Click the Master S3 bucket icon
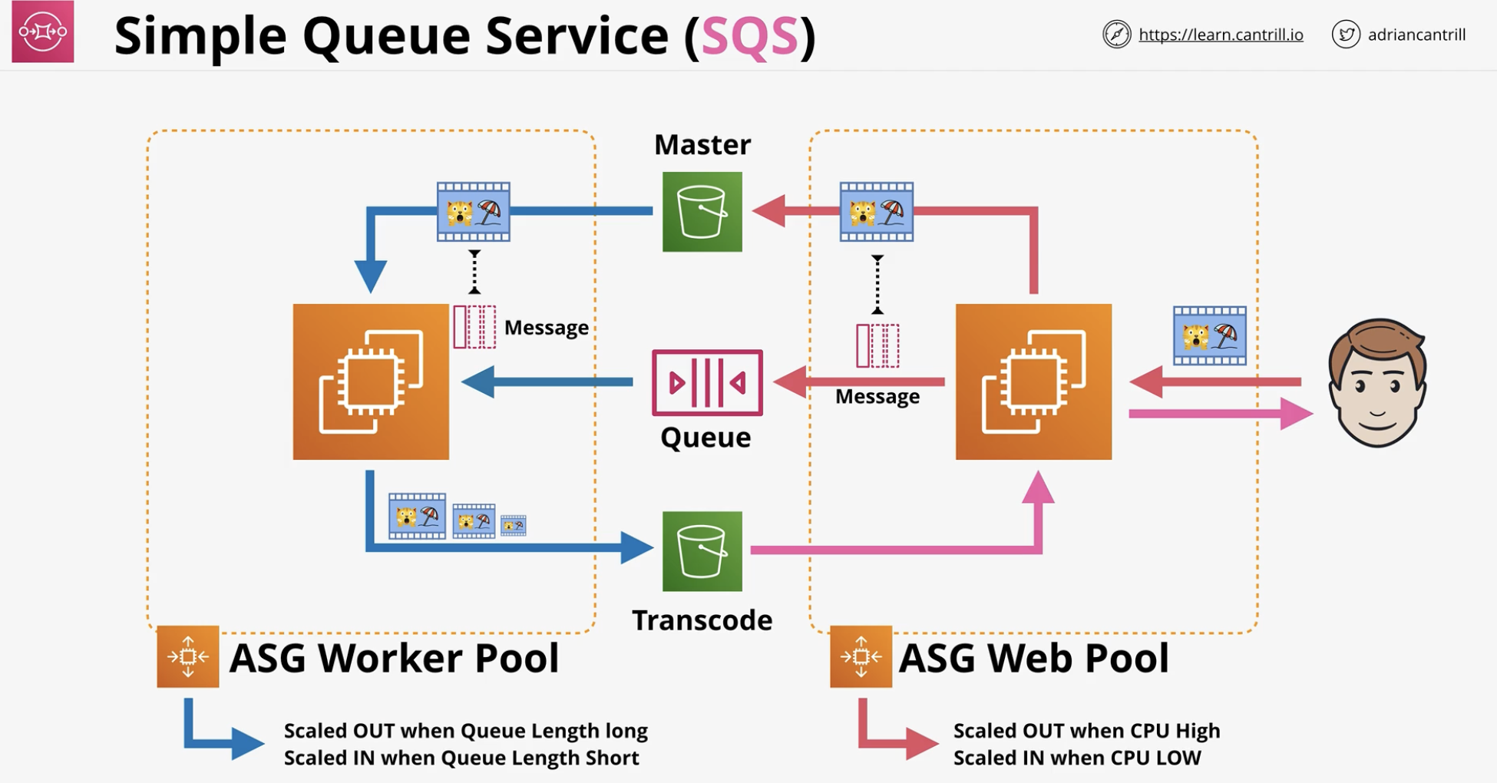point(702,212)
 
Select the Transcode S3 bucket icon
point(702,551)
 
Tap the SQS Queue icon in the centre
point(707,382)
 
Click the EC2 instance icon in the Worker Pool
point(371,382)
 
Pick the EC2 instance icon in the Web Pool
point(1033,382)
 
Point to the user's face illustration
point(1377,382)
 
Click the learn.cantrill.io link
point(1221,35)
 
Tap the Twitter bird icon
point(1346,35)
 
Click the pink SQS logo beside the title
point(43,31)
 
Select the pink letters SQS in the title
point(750,36)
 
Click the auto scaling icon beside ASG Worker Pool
point(188,656)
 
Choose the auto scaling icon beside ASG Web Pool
point(861,656)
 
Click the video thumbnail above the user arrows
point(1210,335)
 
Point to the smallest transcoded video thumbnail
point(514,525)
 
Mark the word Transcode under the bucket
point(702,620)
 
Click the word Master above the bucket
point(702,144)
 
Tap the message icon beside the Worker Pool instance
point(474,327)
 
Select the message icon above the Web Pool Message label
point(877,345)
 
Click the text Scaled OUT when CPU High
point(1086,731)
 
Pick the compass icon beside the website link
point(1117,35)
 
